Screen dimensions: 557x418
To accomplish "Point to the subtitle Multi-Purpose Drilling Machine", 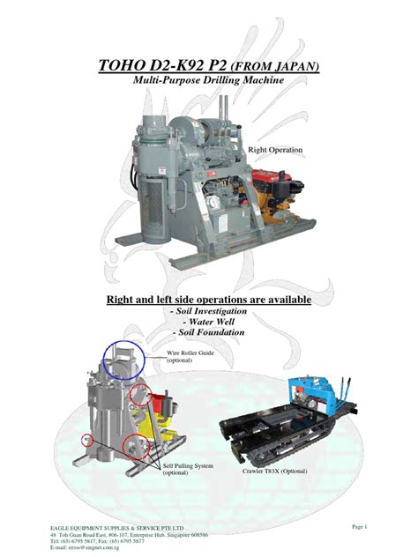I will [208, 81].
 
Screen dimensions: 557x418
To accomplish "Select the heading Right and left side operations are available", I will [208, 301].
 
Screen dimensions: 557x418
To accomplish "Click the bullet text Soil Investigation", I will [208, 312].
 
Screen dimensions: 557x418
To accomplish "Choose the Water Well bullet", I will [208, 323].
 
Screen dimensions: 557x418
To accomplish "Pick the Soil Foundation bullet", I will [208, 333].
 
